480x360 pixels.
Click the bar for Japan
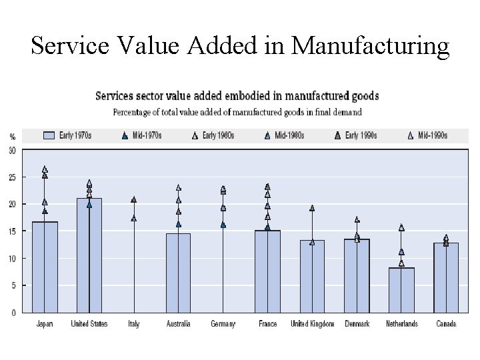coord(45,267)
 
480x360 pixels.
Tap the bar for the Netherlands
coord(401,289)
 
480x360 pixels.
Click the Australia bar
coord(178,272)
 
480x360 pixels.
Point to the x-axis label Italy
coord(134,324)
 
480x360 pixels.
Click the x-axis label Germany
coord(223,324)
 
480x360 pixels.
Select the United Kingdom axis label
coord(312,324)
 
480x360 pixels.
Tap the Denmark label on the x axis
coord(357,324)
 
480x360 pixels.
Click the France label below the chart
coord(267,324)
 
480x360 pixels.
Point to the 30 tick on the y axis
coord(12,150)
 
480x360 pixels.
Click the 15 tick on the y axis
coord(12,231)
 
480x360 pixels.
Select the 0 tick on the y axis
coord(13,312)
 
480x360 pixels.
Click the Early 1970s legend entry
coord(67,135)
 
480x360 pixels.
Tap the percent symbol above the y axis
coord(12,136)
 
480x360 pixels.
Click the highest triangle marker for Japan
coord(45,169)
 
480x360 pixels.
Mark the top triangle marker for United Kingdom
coord(312,208)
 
